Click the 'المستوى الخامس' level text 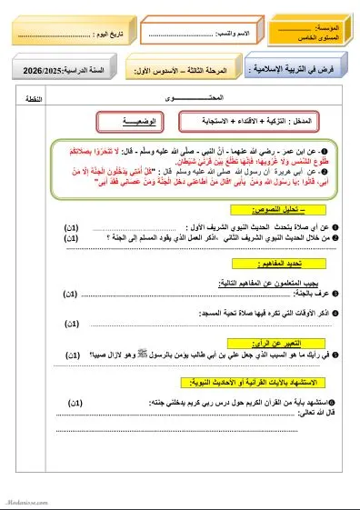click(x=325, y=39)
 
